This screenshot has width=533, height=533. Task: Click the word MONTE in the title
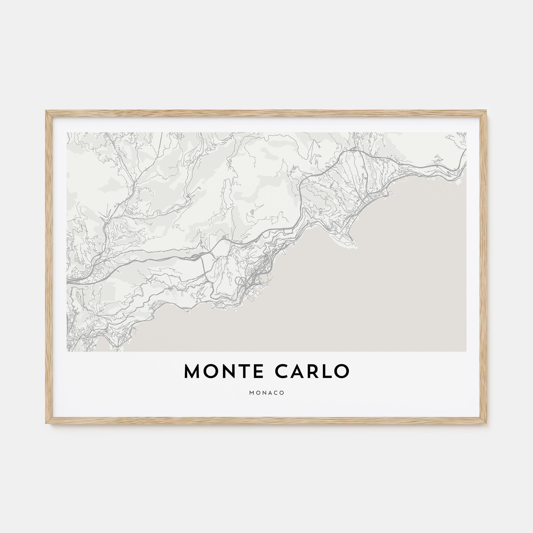[x=223, y=371]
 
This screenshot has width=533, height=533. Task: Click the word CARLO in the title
[x=312, y=371]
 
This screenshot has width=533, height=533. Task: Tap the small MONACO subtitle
[x=266, y=393]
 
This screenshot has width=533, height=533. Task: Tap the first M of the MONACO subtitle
[x=251, y=393]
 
